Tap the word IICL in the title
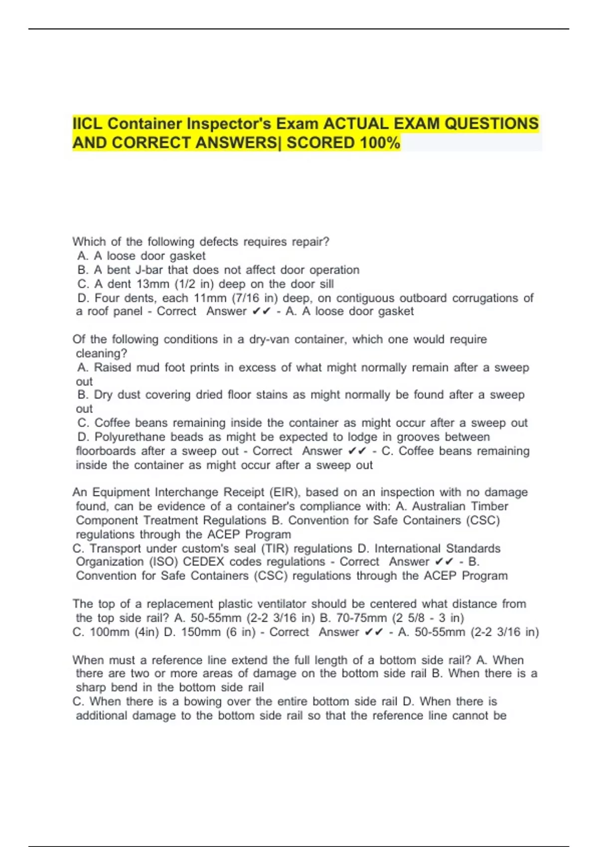pos(88,124)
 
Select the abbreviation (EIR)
pos(285,492)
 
